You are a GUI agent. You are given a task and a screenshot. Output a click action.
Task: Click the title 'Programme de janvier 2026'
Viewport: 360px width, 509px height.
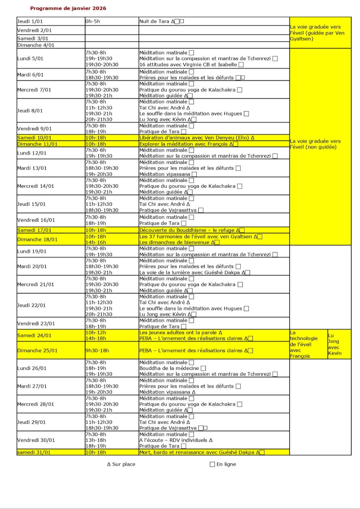68,8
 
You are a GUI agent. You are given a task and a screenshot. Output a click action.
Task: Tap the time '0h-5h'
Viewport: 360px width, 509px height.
93,21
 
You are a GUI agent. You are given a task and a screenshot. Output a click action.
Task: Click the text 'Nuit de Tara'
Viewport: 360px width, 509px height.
154,21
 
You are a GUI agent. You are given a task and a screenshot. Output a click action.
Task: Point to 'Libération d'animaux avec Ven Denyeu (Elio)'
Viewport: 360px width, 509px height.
195,138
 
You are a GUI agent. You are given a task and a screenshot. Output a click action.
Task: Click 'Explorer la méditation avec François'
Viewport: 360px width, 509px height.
184,144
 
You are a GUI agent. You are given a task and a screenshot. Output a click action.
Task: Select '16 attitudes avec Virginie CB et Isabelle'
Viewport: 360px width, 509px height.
188,65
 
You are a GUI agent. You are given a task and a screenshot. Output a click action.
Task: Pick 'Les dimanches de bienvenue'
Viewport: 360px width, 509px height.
174,242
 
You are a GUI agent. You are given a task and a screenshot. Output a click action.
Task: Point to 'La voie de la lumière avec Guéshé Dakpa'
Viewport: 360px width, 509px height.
190,273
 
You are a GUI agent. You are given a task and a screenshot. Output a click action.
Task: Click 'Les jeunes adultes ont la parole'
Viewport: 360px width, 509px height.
178,333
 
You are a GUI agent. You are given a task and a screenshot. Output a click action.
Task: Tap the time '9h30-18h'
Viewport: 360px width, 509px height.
97,350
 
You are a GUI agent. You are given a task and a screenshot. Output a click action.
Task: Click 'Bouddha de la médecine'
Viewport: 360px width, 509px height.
169,368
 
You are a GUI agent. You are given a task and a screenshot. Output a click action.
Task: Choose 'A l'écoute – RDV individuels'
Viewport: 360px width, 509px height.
173,440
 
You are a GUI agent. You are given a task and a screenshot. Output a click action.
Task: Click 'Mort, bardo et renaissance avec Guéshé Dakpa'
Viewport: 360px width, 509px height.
197,452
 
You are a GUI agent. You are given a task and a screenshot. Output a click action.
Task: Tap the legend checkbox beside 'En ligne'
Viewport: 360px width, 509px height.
212,464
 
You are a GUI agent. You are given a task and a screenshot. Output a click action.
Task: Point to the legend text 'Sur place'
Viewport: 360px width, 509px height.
123,464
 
